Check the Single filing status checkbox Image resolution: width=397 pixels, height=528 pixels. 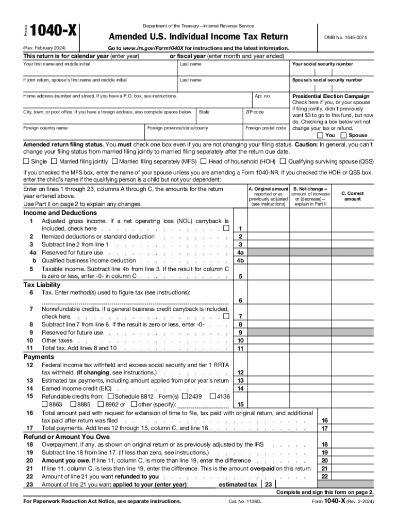pos(26,161)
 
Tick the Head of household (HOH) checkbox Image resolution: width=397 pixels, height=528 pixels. pos(204,161)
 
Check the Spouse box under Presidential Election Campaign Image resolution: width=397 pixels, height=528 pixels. pos(344,135)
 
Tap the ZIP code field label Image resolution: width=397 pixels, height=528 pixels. pos(254,112)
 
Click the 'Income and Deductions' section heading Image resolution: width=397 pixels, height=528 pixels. pos(60,212)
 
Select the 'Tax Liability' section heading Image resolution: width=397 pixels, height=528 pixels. pos(42,285)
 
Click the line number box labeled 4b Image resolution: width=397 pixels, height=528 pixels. pos(240,260)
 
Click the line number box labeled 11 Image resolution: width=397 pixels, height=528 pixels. pos(240,348)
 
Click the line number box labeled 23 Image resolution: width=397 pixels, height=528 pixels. pos(268,485)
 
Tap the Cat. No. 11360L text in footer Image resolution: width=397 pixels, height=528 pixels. pos(245,501)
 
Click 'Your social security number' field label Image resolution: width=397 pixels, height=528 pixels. pos(322,64)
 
